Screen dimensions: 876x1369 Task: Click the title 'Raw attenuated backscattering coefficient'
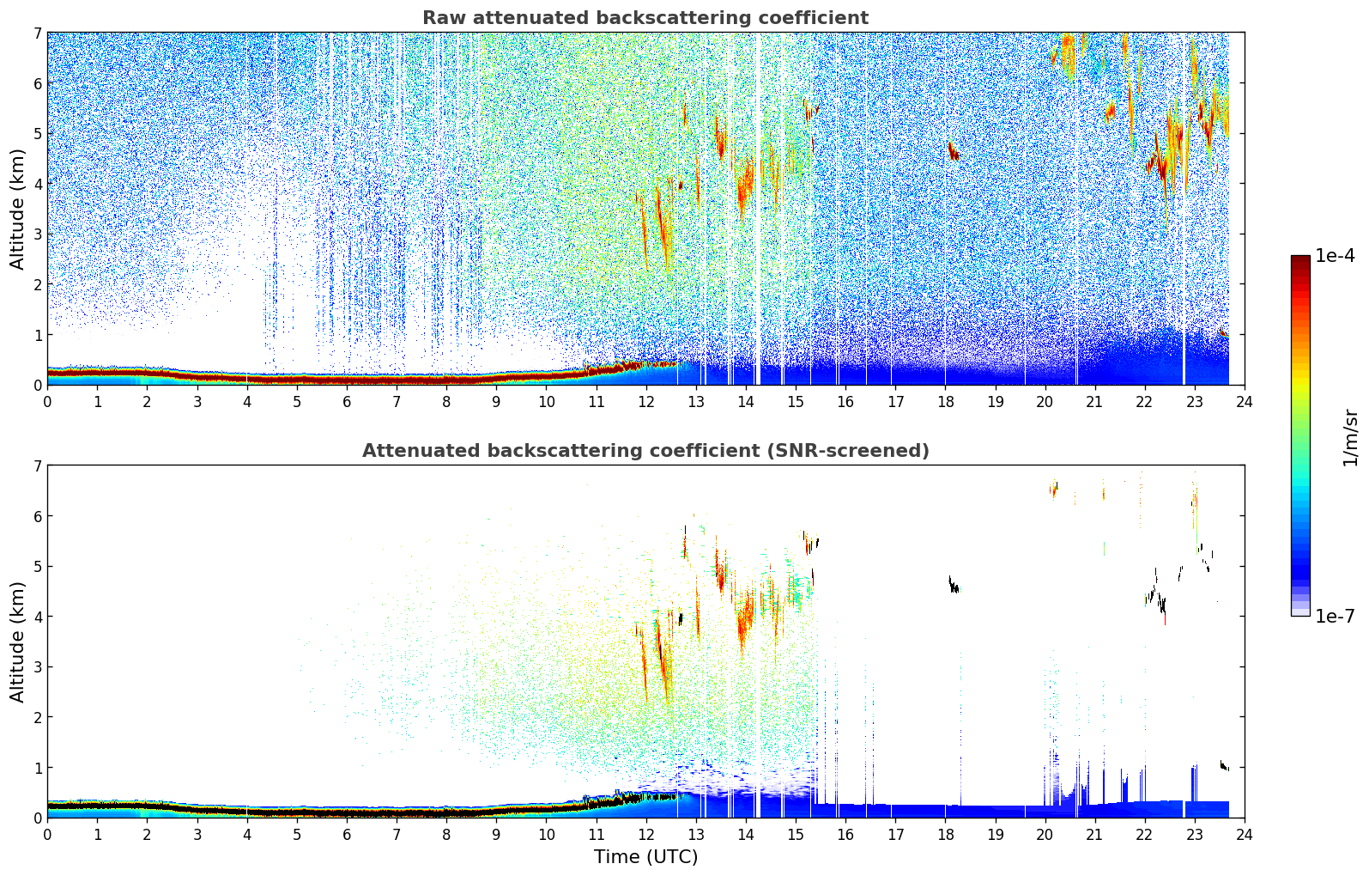point(645,18)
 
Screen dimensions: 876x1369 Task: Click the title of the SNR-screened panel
point(645,451)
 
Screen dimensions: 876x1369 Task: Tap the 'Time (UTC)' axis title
point(645,857)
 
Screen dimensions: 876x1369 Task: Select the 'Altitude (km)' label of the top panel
point(17,209)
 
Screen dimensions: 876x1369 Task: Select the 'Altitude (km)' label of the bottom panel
point(17,642)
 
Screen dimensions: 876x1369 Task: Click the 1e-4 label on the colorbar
point(1335,256)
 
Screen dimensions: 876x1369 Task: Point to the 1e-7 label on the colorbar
point(1335,616)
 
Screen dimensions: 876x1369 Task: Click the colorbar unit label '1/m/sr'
point(1350,436)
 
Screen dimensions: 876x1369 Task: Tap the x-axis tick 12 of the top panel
point(645,401)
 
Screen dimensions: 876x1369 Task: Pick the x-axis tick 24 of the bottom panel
point(1244,834)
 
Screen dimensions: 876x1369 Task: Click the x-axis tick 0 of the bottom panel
point(47,834)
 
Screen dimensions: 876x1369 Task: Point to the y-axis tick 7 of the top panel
point(37,33)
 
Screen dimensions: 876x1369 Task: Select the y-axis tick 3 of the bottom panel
point(37,666)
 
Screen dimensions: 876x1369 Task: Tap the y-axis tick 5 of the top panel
point(37,133)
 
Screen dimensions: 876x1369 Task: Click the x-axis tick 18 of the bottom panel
point(945,834)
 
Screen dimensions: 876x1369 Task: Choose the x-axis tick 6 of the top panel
point(347,401)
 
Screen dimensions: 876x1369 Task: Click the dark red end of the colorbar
point(1299,260)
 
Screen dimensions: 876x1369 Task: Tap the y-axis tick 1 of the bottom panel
point(37,767)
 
